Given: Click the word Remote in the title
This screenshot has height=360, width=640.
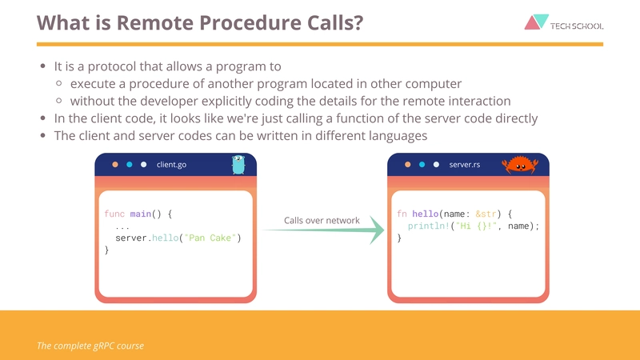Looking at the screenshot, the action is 155,22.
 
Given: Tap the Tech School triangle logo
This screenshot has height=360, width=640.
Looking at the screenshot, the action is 536,22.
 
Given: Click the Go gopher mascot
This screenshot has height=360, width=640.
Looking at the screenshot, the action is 238,165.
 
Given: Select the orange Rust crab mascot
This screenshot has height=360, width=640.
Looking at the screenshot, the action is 519,165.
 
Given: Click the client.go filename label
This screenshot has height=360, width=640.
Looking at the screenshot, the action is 171,165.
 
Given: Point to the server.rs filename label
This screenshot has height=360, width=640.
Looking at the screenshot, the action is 465,165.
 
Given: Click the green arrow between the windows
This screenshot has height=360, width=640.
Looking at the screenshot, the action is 322,230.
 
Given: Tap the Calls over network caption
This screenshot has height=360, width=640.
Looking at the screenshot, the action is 322,221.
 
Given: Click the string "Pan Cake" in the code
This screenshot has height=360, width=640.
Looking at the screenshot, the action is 210,238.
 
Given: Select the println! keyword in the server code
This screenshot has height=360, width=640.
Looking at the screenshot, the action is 429,226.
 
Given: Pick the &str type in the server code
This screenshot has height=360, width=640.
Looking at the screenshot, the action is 486,214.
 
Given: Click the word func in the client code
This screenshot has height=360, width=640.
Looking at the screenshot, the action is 114,214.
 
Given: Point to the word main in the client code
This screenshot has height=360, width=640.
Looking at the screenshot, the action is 141,214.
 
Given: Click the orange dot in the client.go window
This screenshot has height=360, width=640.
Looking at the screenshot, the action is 115,165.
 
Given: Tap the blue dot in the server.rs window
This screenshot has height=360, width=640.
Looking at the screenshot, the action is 422,165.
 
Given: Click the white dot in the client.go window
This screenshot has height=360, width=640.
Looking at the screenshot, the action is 144,165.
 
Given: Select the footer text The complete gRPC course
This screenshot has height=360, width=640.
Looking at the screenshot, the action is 90,346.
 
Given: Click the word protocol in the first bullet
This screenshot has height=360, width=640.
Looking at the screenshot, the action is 112,66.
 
